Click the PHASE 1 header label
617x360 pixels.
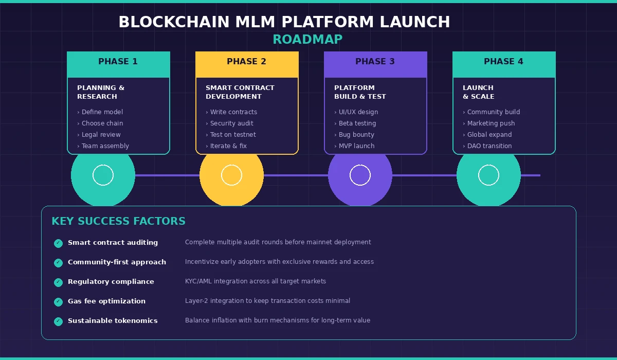coord(118,62)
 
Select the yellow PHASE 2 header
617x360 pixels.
coord(246,62)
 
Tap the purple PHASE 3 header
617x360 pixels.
coord(375,62)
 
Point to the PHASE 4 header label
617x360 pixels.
coord(503,62)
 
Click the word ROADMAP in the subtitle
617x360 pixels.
coord(307,40)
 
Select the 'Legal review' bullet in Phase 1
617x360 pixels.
coord(101,135)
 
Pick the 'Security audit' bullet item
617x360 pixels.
coord(231,123)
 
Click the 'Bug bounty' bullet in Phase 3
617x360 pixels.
coord(356,135)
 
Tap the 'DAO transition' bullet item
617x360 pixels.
coord(489,146)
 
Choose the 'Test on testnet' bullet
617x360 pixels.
coord(233,135)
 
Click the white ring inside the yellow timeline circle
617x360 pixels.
coord(231,175)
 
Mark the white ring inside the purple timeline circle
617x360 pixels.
coord(360,175)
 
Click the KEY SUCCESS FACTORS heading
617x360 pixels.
coord(118,222)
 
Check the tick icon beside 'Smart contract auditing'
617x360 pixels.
coord(58,243)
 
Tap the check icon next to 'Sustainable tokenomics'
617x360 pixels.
coord(58,321)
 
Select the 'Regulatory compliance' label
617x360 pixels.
coord(111,282)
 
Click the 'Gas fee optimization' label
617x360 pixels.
coord(106,301)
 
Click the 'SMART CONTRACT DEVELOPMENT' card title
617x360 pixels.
coord(240,92)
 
